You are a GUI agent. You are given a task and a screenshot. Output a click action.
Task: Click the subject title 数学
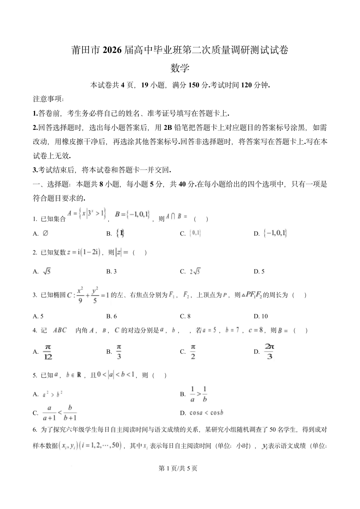180,68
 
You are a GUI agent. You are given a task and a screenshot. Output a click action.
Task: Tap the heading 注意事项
48,99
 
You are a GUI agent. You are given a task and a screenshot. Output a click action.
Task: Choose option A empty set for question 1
45,234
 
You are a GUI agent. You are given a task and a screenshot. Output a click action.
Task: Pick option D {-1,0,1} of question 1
275,234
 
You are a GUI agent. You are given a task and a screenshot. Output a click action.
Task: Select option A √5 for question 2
47,271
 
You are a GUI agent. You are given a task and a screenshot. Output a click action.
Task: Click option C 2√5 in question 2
195,271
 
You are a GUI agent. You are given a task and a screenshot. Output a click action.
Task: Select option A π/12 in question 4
48,352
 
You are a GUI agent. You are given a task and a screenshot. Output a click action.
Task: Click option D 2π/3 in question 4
269,352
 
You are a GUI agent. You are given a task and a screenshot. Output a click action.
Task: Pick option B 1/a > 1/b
198,394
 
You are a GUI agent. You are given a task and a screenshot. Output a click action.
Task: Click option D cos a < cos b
206,413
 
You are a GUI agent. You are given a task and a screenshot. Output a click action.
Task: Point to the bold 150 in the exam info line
194,85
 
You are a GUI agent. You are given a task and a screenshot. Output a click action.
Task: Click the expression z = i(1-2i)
83,253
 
